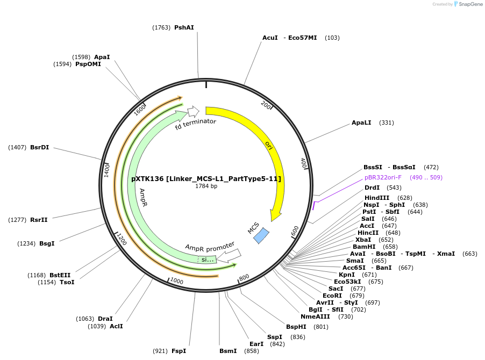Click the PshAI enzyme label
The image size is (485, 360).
[184, 27]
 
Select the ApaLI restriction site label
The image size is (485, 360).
[361, 123]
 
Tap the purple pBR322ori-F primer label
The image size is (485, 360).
[383, 177]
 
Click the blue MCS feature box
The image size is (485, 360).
[261, 235]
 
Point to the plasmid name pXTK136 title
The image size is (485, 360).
[206, 178]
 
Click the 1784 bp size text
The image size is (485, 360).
[206, 186]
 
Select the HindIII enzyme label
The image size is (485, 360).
[377, 198]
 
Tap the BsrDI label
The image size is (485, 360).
[39, 147]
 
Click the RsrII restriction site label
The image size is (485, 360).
[39, 219]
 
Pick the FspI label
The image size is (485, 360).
[179, 351]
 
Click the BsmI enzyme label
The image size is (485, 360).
[228, 351]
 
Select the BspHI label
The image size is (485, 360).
[296, 327]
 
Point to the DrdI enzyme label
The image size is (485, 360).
[372, 188]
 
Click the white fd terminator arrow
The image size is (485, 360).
[193, 111]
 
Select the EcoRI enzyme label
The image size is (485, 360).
[332, 296]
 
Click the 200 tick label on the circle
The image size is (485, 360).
[266, 105]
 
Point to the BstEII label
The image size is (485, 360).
[60, 275]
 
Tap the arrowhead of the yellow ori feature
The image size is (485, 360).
[276, 215]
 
